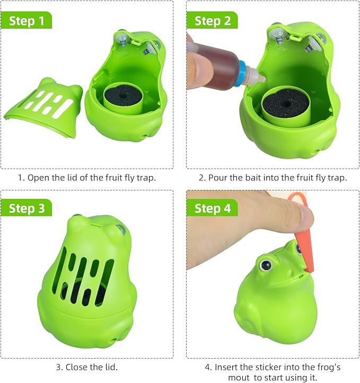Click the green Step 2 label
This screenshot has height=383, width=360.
[x=212, y=21]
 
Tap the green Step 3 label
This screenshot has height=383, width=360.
[x=27, y=208]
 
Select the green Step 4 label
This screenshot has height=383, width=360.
[x=212, y=208]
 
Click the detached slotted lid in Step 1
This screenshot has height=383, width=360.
[x=42, y=106]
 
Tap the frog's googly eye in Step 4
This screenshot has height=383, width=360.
[x=265, y=262]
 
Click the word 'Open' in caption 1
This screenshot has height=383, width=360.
[x=38, y=177]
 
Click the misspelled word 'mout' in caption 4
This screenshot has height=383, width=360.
[x=239, y=377]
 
